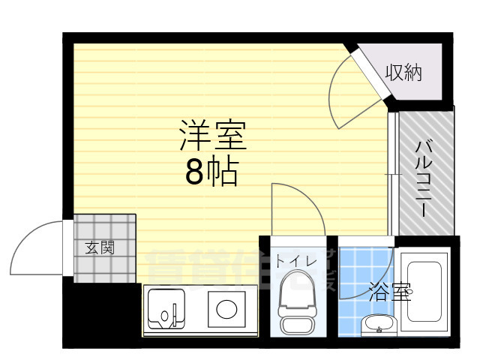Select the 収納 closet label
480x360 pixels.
403,73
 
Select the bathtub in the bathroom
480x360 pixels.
424,293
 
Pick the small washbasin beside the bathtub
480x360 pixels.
377,324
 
